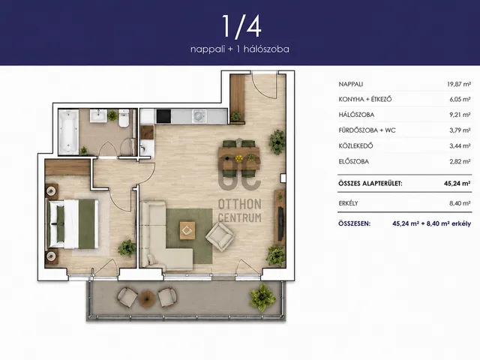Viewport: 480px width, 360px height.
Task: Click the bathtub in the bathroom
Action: tap(68, 132)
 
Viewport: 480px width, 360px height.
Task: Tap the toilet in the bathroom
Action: tap(124, 118)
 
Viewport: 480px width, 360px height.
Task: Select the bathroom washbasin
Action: tap(98, 115)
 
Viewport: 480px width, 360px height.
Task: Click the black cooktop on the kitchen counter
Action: tap(163, 116)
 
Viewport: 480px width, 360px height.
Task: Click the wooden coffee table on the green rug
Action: tap(187, 230)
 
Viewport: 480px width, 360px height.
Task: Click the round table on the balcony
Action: tap(147, 298)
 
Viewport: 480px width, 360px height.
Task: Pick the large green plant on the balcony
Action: tap(262, 297)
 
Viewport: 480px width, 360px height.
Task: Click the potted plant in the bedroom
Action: tap(127, 248)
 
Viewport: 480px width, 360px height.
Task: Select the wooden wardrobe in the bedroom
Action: tap(67, 167)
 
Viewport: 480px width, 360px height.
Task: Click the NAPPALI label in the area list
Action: tap(351, 84)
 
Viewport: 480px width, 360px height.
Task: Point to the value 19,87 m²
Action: tap(459, 84)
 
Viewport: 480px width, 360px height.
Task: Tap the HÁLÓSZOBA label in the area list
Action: tap(356, 115)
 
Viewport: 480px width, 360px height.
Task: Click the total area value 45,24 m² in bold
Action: tap(457, 183)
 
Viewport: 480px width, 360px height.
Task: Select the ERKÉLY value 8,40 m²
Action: tap(460, 203)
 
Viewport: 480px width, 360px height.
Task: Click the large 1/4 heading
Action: tap(241, 27)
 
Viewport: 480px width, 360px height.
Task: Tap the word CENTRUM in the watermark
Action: tap(240, 217)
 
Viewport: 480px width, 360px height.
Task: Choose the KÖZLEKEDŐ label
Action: tap(355, 145)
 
